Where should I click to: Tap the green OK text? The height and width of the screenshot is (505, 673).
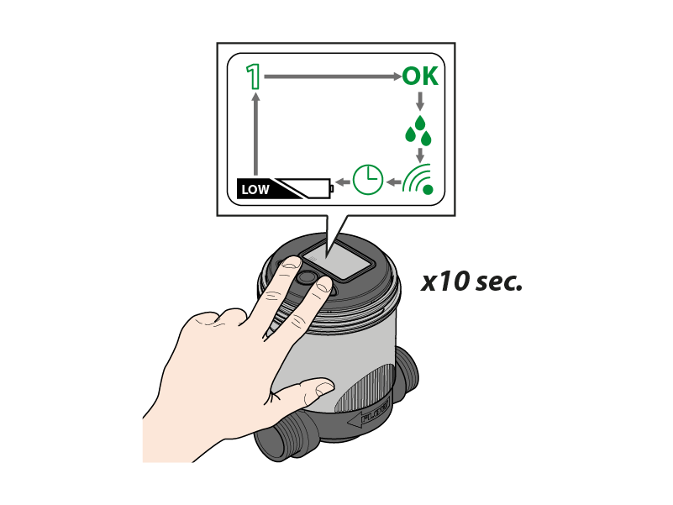[x=420, y=76]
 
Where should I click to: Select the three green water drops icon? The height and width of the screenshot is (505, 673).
[x=418, y=130]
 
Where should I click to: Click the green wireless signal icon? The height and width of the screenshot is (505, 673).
[x=418, y=179]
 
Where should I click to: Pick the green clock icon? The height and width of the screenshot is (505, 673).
[x=368, y=180]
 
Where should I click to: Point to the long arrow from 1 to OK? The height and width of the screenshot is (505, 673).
[x=333, y=76]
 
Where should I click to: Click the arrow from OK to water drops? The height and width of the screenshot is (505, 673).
[x=420, y=101]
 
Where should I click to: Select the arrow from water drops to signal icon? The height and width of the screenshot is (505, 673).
[x=420, y=155]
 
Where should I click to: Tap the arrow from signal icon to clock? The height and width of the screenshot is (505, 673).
[x=393, y=182]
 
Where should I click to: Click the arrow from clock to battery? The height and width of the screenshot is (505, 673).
[x=343, y=182]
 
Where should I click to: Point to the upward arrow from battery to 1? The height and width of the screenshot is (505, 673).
[x=256, y=134]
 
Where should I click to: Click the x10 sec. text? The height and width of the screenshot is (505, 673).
[x=471, y=282]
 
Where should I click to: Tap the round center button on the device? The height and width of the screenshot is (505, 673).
[x=305, y=277]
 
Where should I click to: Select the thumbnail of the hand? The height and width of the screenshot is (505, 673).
[x=325, y=387]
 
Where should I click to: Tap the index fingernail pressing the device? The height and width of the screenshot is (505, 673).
[x=291, y=262]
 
